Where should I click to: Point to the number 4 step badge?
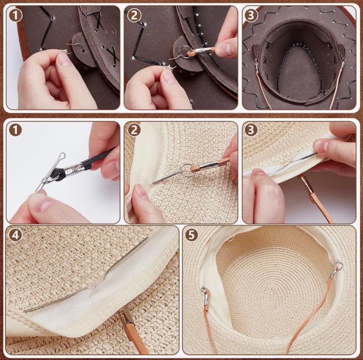pyautogui.click(x=15, y=235)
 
